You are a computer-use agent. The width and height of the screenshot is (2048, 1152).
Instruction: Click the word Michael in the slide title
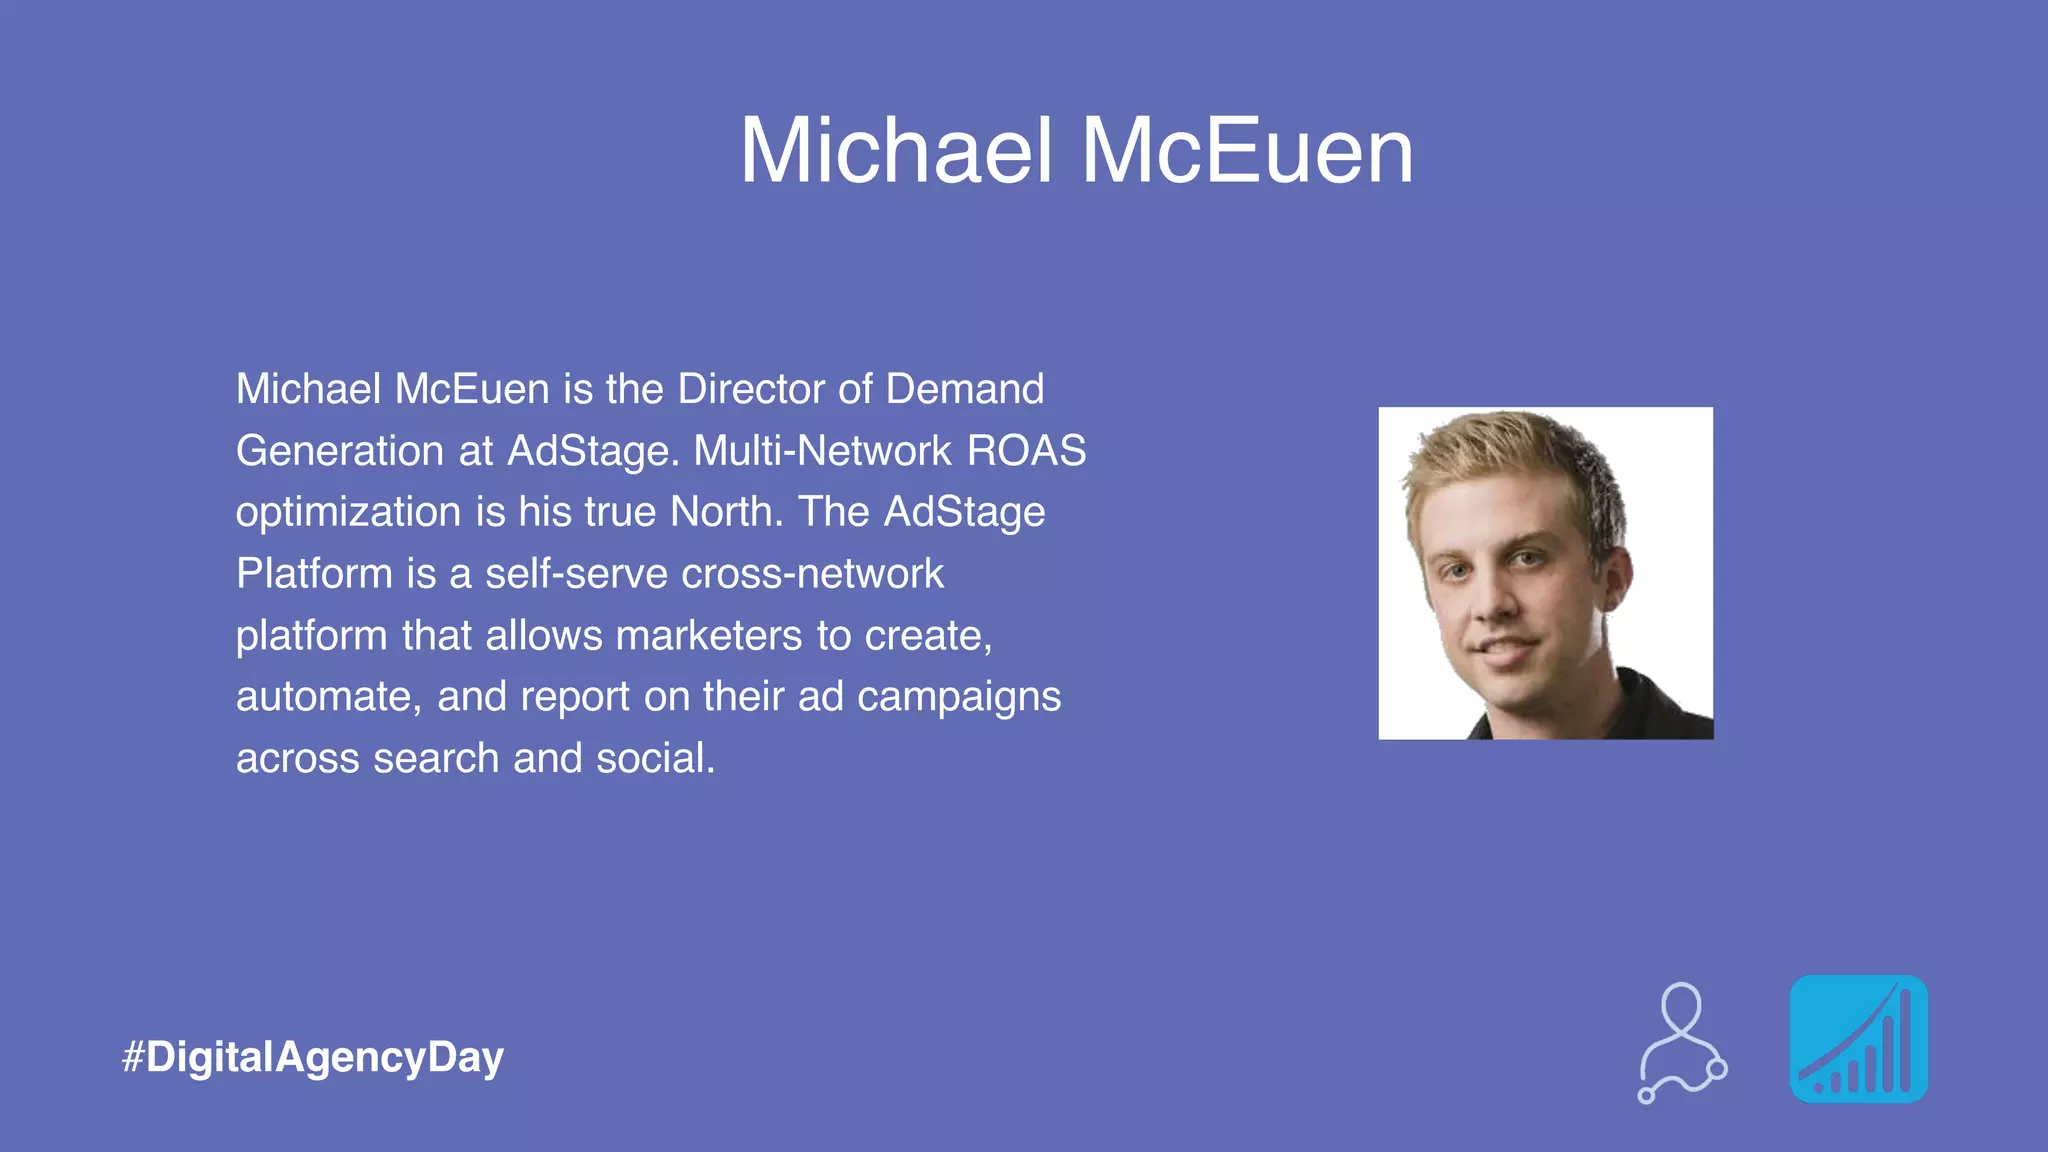[x=896, y=151]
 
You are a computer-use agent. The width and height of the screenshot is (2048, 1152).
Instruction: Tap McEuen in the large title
[x=1247, y=151]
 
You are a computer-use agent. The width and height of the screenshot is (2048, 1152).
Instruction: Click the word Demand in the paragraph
[x=964, y=389]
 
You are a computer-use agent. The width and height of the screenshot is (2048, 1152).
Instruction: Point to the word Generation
[x=340, y=451]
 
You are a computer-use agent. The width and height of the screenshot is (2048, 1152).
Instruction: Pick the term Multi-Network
[x=822, y=451]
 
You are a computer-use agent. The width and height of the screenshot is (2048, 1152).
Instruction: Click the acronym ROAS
[x=1026, y=451]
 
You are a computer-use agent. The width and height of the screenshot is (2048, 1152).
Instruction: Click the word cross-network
[x=812, y=574]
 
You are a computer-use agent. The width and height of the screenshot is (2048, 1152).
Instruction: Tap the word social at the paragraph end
[x=655, y=759]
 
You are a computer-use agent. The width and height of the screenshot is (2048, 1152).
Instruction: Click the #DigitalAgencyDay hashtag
[x=313, y=1057]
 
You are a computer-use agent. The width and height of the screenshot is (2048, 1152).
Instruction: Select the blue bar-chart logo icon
[x=1858, y=1039]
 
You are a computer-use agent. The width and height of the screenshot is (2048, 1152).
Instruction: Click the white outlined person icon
[x=1682, y=1042]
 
